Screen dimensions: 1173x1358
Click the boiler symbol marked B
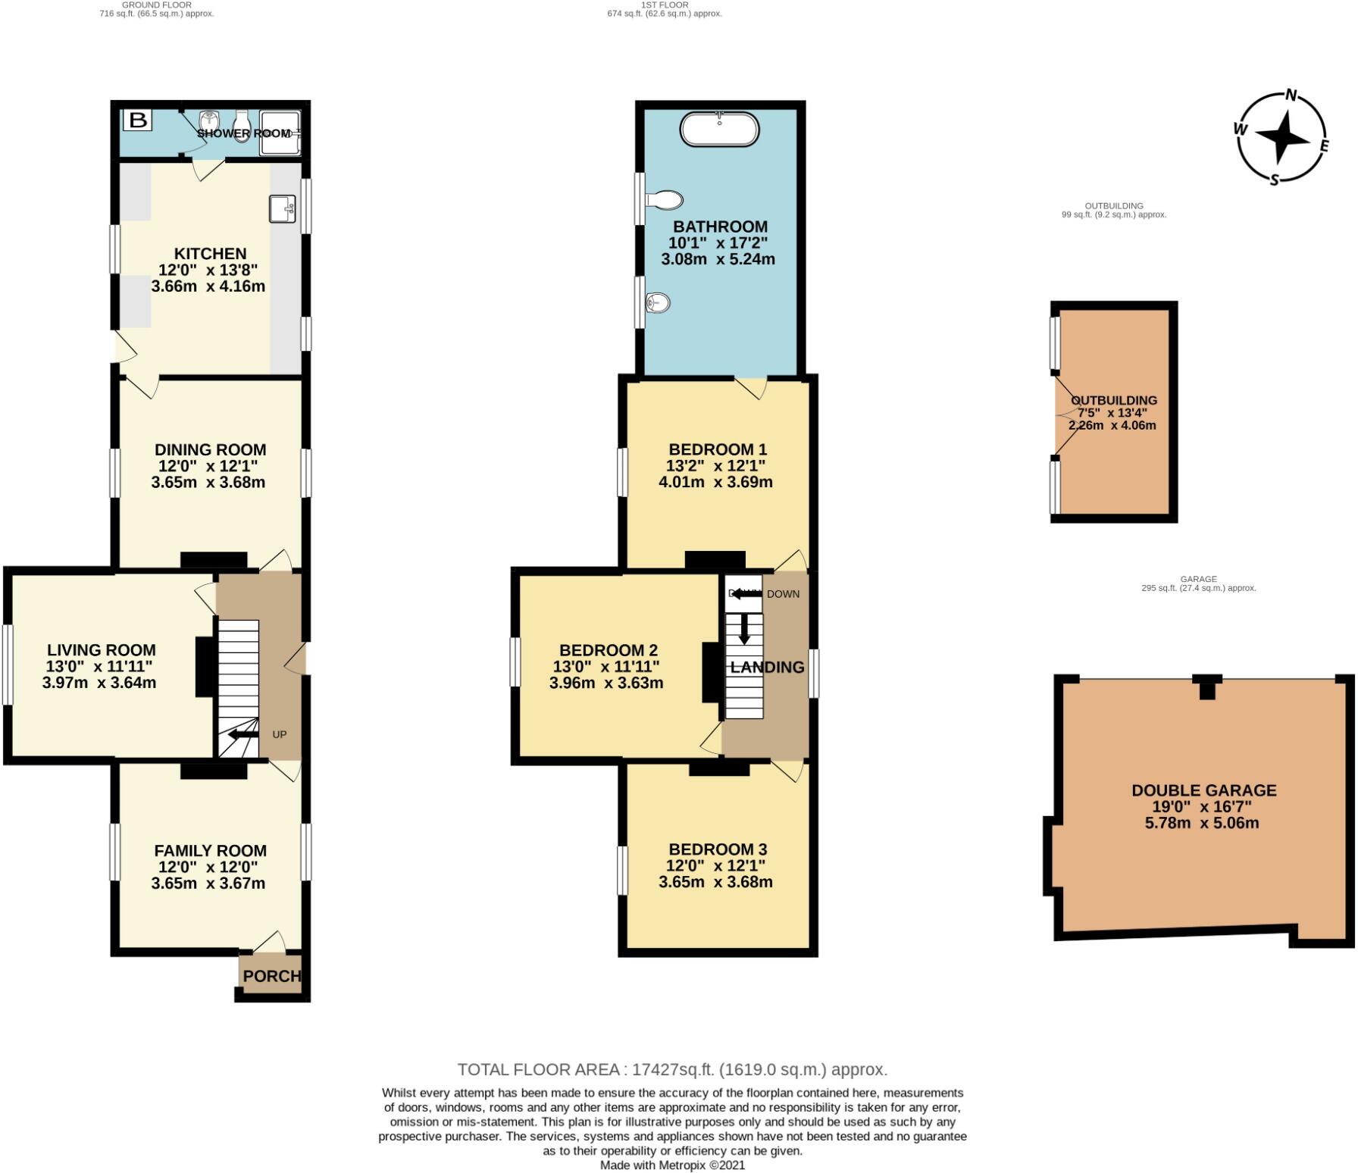[x=138, y=120]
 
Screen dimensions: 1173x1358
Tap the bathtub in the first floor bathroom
[x=719, y=129]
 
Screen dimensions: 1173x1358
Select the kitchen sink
[x=283, y=209]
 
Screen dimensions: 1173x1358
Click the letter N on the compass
[x=1291, y=95]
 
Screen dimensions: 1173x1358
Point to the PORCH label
[x=271, y=976]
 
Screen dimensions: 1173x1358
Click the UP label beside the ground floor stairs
[x=280, y=734]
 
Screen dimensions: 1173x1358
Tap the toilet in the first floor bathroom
[x=664, y=200]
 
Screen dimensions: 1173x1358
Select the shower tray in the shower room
[x=280, y=133]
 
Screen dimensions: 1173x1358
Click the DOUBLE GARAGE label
[x=1203, y=790]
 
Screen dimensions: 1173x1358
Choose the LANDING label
[x=767, y=667]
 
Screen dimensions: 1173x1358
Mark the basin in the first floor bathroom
[x=658, y=303]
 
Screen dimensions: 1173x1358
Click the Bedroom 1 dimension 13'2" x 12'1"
[x=715, y=465]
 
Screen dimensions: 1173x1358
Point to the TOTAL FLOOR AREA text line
[x=672, y=1069]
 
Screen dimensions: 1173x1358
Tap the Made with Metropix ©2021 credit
[x=672, y=1165]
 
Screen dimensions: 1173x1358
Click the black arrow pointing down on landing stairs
[x=744, y=628]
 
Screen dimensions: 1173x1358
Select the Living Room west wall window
[x=8, y=665]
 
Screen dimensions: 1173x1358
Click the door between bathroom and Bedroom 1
[x=752, y=387]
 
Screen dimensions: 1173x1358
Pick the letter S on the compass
[x=1275, y=180]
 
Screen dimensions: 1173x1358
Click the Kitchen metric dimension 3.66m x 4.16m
[x=208, y=286]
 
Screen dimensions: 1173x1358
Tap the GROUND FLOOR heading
[x=156, y=5]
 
